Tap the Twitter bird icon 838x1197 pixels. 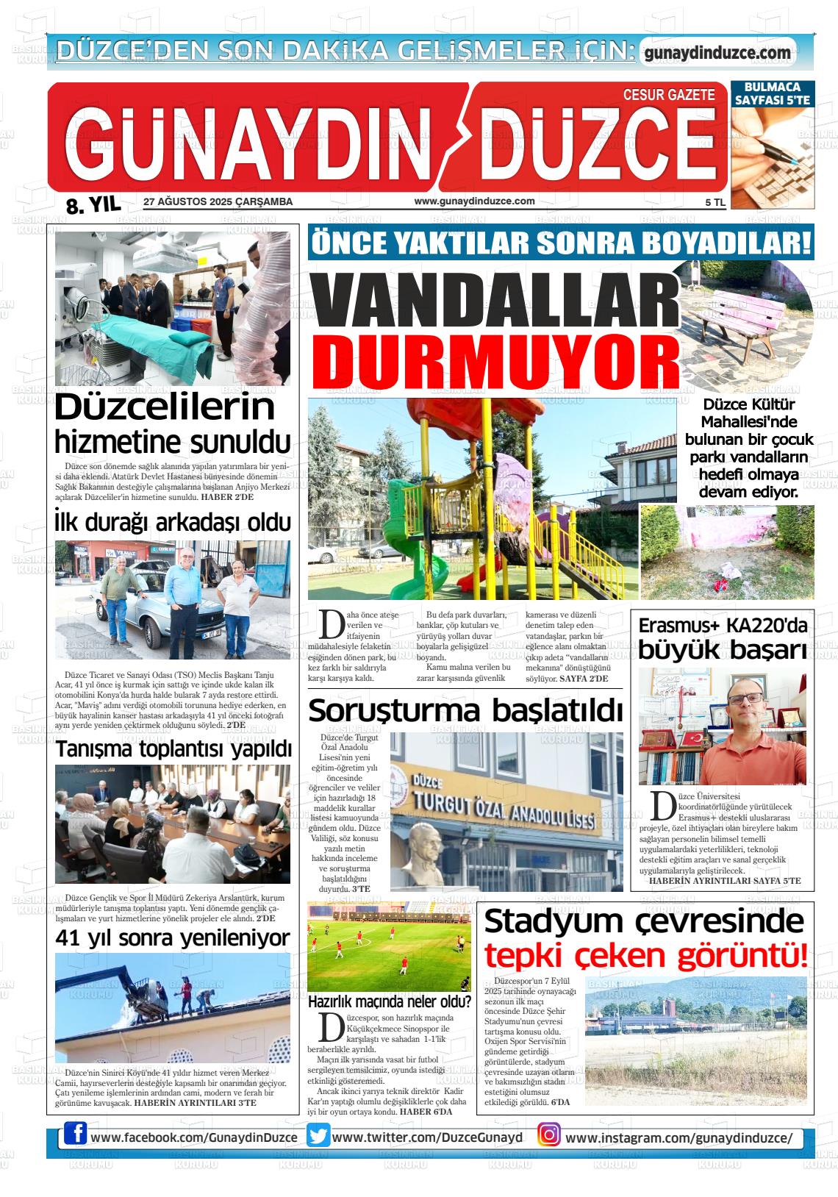(x=318, y=1136)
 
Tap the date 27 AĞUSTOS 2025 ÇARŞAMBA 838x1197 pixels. (x=218, y=201)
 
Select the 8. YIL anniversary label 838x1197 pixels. (x=93, y=205)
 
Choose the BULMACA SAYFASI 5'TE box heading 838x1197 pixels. (x=773, y=93)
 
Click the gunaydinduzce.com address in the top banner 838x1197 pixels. (x=717, y=53)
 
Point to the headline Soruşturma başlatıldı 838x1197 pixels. (x=465, y=711)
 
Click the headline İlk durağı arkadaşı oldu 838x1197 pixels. (x=173, y=523)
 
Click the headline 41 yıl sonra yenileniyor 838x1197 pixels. (x=173, y=938)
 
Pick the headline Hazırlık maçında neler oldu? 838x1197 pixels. (x=389, y=1001)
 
